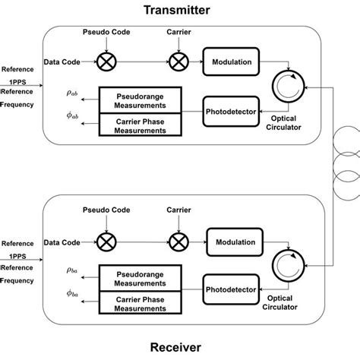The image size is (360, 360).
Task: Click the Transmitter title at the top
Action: point(179,10)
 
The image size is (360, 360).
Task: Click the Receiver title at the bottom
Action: point(179,347)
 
